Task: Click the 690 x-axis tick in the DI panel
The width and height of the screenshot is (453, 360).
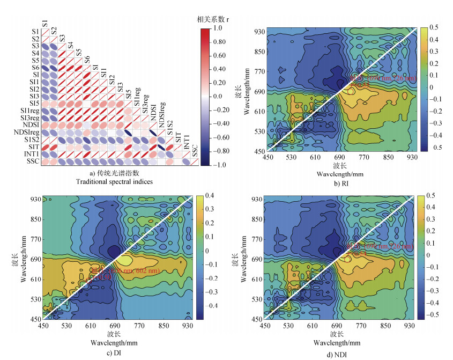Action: pos(115,326)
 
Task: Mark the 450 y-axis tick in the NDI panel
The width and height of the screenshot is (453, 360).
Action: pos(256,319)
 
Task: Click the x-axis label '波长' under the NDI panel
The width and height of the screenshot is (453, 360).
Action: pos(337,334)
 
